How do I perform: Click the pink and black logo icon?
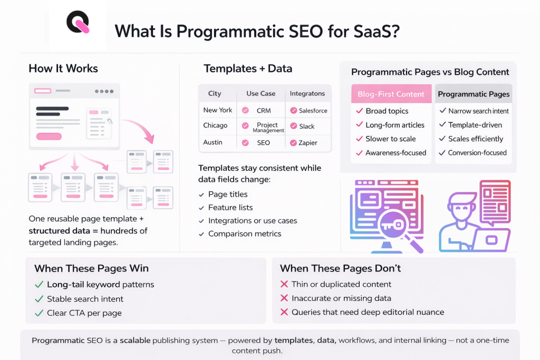click(x=78, y=24)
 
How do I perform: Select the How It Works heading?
click(x=63, y=69)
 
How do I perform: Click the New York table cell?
click(x=218, y=110)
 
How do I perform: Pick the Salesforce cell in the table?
click(x=313, y=111)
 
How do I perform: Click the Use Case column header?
click(x=261, y=93)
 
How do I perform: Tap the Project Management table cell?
click(x=267, y=128)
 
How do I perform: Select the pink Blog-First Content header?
click(x=391, y=94)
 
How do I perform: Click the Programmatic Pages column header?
click(x=474, y=94)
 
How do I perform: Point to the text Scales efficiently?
click(x=476, y=139)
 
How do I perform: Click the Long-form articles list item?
click(x=395, y=125)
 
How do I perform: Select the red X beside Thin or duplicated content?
click(x=284, y=285)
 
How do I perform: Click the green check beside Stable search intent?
click(x=38, y=299)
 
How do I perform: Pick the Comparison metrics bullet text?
click(x=245, y=234)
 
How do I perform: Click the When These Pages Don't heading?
click(x=340, y=268)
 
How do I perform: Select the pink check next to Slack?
click(x=293, y=127)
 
